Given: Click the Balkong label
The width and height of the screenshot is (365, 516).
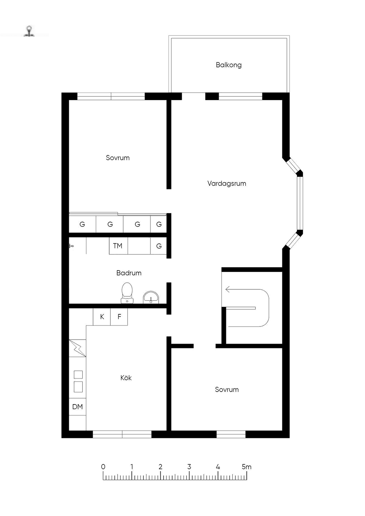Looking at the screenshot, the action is tap(228, 65).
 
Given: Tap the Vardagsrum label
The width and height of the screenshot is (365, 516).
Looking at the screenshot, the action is tap(226, 184).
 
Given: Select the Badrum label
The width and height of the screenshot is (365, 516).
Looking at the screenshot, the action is tap(129, 273).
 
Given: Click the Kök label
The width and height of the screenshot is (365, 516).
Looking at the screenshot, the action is tap(126, 378).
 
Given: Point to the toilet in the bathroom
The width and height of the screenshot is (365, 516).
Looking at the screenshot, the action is tap(127, 293).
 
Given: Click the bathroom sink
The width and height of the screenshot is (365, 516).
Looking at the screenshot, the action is tap(151, 297).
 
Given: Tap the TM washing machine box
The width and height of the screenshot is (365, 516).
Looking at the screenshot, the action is tap(118, 246).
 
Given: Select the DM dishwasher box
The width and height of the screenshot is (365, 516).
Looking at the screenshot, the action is tap(77, 407).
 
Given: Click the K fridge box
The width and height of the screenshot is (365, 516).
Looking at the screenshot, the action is tap(102, 317).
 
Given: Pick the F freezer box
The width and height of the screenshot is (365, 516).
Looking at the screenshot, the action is tap(119, 317).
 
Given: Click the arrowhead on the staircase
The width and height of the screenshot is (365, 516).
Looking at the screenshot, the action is tap(228, 289).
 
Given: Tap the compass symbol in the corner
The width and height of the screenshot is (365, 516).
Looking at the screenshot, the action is tap(29, 31).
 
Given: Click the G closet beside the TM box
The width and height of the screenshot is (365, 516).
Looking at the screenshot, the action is tap(159, 246).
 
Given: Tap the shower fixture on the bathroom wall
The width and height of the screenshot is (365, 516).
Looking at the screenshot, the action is tap(71, 246).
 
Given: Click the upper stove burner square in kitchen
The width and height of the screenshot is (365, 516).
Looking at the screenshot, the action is tap(78, 375).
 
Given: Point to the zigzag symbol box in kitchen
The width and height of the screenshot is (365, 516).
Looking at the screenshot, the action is tap(77, 348).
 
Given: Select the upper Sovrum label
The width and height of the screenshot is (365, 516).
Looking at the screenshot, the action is tap(118, 158).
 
